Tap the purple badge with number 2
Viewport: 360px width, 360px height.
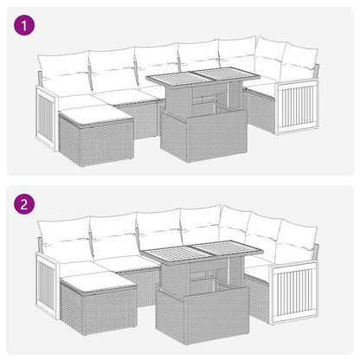(25, 206)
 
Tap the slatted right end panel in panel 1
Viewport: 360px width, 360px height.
(295, 110)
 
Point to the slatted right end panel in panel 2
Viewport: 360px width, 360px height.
(295, 292)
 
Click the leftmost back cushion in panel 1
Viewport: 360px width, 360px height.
(63, 66)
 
